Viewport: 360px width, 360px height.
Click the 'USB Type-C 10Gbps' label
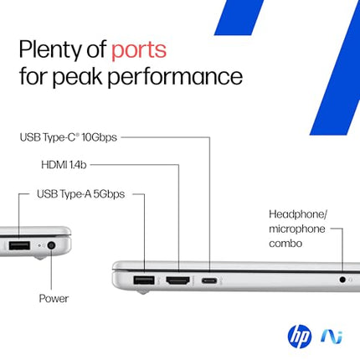[68, 136]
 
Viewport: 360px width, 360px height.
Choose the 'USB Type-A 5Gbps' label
[80, 193]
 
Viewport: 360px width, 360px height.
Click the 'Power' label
[54, 298]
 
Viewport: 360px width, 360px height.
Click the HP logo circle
[299, 337]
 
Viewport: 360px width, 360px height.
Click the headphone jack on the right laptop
[342, 280]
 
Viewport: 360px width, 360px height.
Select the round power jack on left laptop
[52, 246]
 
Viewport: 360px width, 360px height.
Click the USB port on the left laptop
[18, 246]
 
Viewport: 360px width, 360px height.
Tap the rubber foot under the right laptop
[141, 292]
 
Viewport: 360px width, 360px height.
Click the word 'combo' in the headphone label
[286, 244]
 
